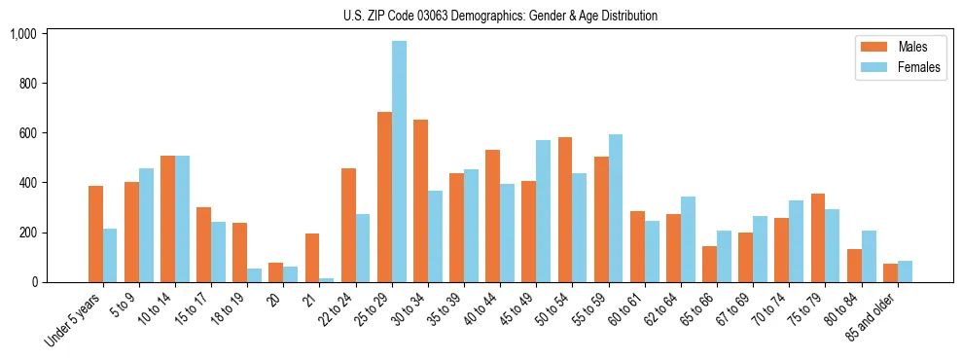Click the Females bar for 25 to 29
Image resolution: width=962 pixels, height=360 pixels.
click(399, 162)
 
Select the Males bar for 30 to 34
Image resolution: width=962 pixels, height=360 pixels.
click(420, 200)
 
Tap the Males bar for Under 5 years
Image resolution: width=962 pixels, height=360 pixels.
click(95, 234)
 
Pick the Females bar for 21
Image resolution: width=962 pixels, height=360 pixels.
click(327, 280)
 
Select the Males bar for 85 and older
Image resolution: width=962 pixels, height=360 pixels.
click(890, 273)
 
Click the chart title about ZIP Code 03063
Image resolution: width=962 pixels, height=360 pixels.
click(500, 16)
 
